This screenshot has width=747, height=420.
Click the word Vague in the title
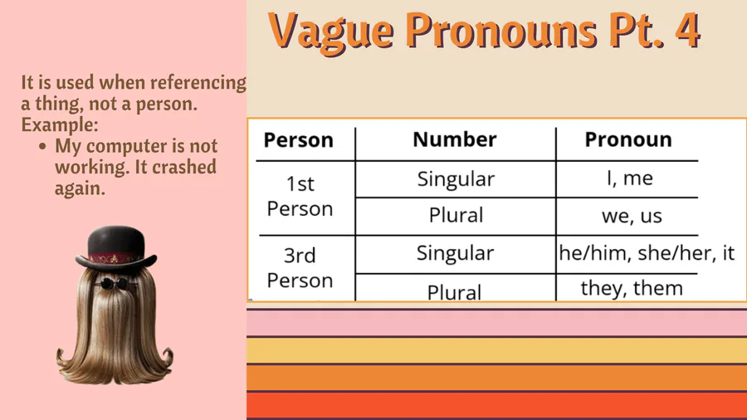(x=331, y=32)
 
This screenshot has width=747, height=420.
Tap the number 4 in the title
(x=687, y=30)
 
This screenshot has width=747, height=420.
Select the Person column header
(x=299, y=140)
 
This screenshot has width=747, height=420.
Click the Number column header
(x=455, y=139)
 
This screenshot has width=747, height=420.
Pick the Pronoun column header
(x=628, y=139)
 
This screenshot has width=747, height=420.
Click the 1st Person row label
(x=300, y=196)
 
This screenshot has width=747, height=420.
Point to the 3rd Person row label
(x=300, y=268)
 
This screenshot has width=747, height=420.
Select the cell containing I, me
(x=630, y=178)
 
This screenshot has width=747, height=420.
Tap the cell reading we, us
(x=632, y=216)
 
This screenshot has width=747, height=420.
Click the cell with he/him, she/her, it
(x=647, y=253)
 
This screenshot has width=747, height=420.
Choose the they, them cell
(x=632, y=289)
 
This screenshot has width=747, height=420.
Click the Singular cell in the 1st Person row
(x=456, y=179)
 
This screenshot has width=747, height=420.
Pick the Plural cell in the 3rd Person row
(x=454, y=292)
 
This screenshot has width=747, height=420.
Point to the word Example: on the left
(x=60, y=125)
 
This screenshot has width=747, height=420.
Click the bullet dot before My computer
(x=43, y=146)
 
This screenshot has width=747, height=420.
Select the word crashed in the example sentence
(x=184, y=167)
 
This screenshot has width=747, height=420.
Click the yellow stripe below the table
(x=496, y=350)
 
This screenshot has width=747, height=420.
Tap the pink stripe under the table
(x=496, y=323)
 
